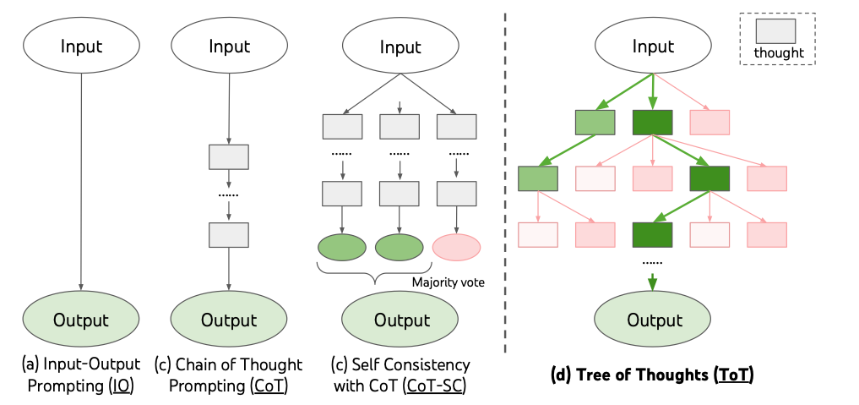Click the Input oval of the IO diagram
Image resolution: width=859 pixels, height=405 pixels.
point(81,46)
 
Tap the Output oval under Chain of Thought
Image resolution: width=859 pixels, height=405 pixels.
point(229,320)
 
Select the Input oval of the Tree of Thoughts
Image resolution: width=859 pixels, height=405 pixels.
point(652,46)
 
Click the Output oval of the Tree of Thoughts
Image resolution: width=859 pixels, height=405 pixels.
point(652,320)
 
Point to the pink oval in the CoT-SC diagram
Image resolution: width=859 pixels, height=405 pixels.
point(456,247)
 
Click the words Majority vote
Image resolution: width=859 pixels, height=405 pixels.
point(449,282)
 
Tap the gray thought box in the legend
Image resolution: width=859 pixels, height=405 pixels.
point(775,31)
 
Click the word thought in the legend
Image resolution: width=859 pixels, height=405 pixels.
point(779,53)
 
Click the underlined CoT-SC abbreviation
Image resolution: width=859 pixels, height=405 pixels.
point(434,386)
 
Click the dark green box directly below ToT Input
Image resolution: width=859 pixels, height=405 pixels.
point(652,123)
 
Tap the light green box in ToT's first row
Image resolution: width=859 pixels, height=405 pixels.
point(595,123)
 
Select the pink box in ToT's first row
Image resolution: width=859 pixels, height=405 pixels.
point(709,123)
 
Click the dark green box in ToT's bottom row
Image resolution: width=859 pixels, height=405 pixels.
point(652,234)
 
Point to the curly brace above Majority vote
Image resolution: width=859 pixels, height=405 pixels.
point(375,273)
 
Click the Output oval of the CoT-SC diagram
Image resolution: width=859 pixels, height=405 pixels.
point(400,320)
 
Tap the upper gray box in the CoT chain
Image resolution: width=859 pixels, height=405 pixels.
point(229,156)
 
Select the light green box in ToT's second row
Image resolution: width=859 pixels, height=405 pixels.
point(538,178)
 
